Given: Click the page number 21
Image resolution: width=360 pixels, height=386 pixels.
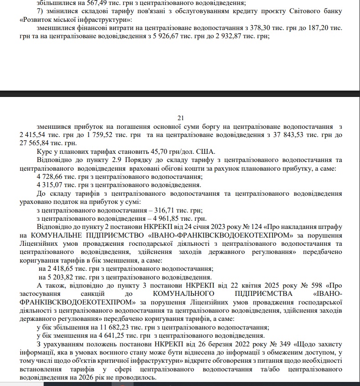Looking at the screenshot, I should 180,118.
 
